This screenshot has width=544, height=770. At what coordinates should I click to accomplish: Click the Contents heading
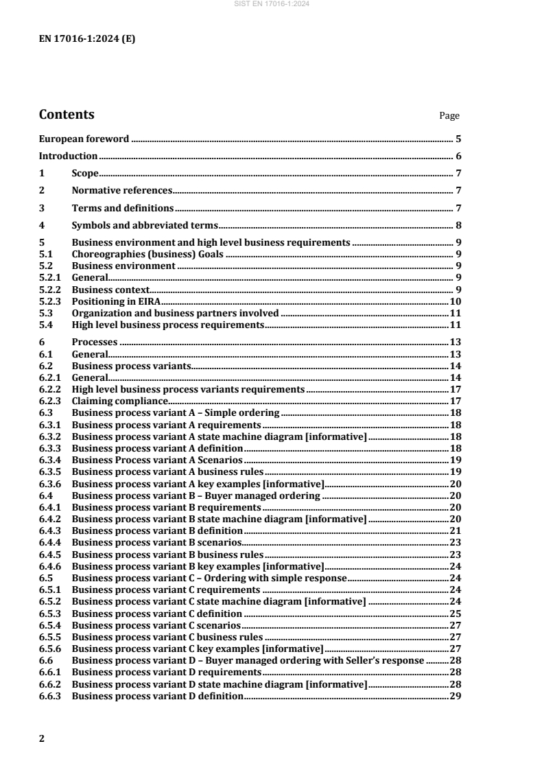(67, 115)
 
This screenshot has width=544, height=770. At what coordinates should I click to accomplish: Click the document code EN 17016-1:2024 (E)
(87, 38)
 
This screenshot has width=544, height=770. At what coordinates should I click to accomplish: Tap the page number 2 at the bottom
(42, 738)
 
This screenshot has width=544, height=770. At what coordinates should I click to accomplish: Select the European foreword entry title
(84, 139)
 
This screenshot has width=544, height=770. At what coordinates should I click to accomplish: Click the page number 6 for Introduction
(458, 156)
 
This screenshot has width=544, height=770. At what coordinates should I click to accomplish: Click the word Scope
(85, 174)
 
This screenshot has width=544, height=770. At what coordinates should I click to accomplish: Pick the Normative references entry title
(121, 191)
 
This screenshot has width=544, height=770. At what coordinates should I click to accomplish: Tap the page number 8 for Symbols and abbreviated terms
(458, 225)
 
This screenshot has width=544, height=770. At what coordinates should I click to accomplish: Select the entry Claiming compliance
(119, 401)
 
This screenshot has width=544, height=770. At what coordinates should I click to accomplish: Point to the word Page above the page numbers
(449, 116)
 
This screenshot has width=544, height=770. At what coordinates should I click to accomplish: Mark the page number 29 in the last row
(455, 697)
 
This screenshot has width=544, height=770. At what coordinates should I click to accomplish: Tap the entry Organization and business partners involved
(175, 313)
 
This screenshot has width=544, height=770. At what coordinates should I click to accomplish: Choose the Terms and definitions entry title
(122, 208)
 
